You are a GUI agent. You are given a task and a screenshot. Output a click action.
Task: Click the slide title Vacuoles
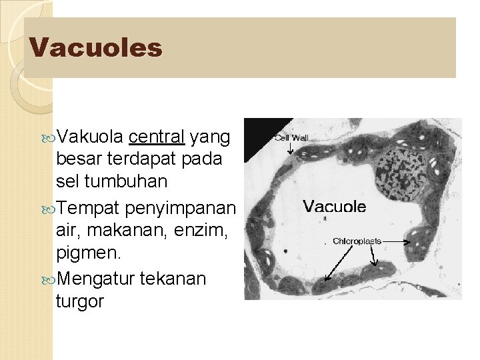coord(96,47)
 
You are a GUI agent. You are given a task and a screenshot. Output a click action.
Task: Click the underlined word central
coord(157,137)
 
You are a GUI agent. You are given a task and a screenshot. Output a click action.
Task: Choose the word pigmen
coord(86,254)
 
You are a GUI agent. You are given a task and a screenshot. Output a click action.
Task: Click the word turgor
coord(80,302)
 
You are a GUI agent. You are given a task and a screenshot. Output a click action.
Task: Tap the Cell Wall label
coord(291,138)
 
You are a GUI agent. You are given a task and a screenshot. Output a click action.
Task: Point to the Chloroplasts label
coord(357,241)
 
